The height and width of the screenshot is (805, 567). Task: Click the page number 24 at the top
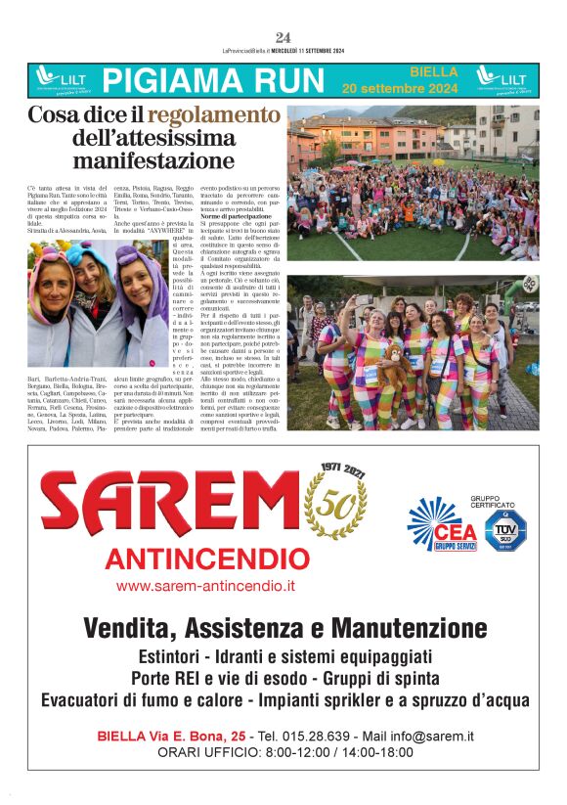283,38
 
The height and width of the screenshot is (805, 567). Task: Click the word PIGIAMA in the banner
164,80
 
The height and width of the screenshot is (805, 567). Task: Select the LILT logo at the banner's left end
60,79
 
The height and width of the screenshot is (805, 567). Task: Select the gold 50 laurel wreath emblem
334,504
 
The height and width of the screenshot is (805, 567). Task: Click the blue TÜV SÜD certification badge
505,528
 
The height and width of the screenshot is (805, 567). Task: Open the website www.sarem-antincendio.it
205,586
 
